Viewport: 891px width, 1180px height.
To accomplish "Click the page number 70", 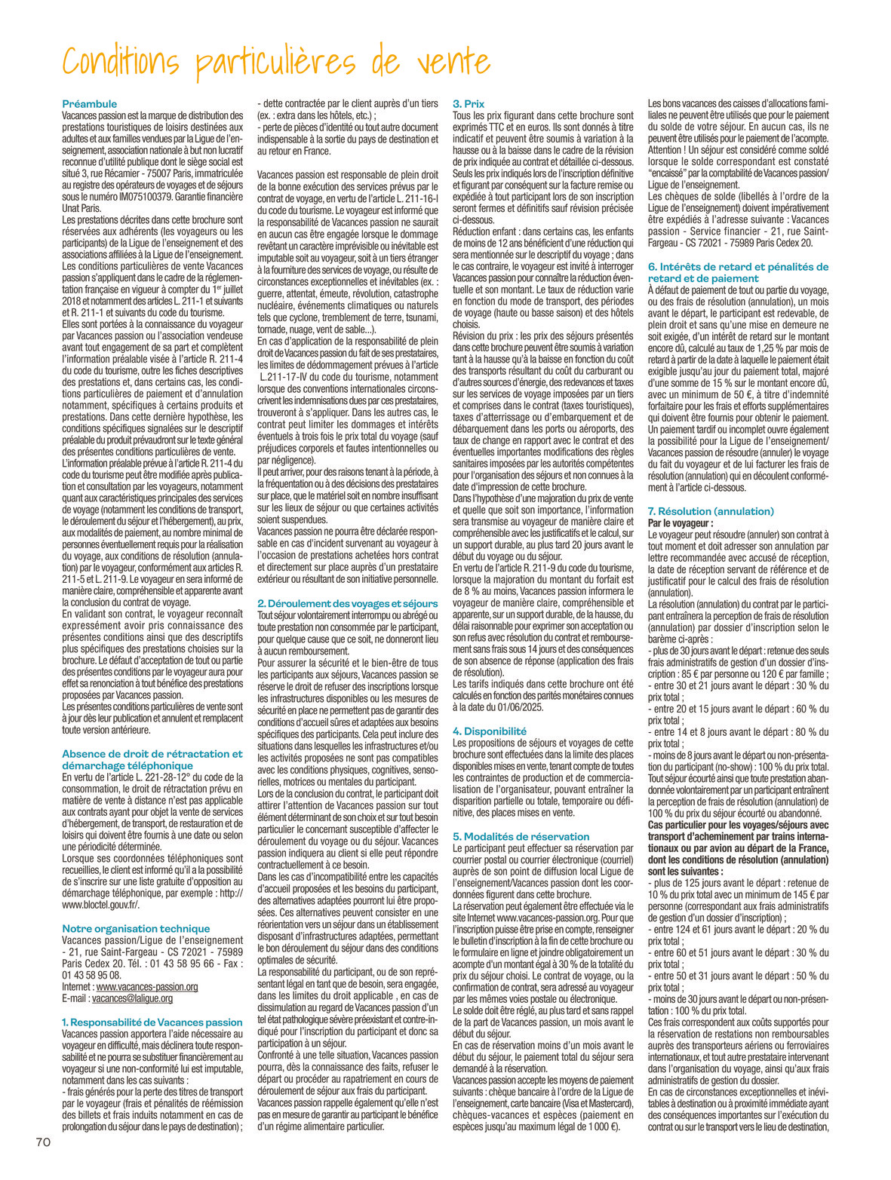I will click(43, 1142).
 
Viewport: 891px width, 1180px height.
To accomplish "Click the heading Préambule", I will click(89, 104).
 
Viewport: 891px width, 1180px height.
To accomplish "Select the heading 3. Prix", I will click(469, 104).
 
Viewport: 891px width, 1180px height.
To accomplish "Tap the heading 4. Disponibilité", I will click(490, 731).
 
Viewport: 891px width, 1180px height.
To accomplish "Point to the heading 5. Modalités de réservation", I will click(521, 836).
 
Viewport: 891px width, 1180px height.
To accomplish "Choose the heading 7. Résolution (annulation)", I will click(711, 511).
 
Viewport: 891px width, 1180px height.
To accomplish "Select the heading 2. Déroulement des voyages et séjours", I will click(347, 603).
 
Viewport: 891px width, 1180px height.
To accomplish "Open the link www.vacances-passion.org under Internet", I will click(147, 987).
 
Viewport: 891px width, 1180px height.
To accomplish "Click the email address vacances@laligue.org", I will click(132, 998).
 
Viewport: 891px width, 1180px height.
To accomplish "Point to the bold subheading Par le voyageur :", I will click(681, 523).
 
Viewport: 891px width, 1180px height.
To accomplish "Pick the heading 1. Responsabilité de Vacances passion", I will click(152, 1022).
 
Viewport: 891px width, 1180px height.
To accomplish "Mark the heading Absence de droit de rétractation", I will click(152, 754).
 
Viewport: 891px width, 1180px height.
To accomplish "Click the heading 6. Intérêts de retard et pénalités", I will click(738, 267).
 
